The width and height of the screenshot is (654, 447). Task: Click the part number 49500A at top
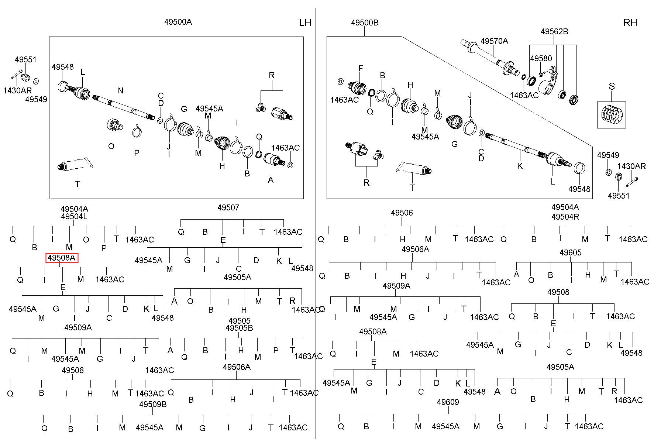tap(178, 22)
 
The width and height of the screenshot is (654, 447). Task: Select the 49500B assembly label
tap(365, 23)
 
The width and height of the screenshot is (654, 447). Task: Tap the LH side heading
tap(305, 23)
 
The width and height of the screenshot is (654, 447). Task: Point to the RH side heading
tap(630, 23)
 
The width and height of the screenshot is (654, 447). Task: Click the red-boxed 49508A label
tap(62, 258)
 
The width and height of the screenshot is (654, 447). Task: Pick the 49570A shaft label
tap(494, 41)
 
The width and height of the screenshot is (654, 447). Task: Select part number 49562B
tap(554, 32)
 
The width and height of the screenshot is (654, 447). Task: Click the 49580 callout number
tap(541, 58)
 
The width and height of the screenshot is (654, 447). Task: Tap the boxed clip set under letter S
tap(611, 115)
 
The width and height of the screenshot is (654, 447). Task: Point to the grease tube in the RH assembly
tap(414, 168)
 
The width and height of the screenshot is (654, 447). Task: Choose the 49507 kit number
tap(228, 207)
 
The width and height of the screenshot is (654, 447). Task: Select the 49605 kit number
tap(570, 252)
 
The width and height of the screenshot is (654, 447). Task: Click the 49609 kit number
tap(448, 402)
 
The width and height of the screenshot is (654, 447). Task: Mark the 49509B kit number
tap(153, 404)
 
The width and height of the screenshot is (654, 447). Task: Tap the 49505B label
tap(239, 328)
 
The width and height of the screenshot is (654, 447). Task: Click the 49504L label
tap(74, 217)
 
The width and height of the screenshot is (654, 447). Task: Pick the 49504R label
tap(565, 217)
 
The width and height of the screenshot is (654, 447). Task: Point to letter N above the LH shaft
tap(121, 90)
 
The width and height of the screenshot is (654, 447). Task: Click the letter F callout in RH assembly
tap(361, 68)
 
